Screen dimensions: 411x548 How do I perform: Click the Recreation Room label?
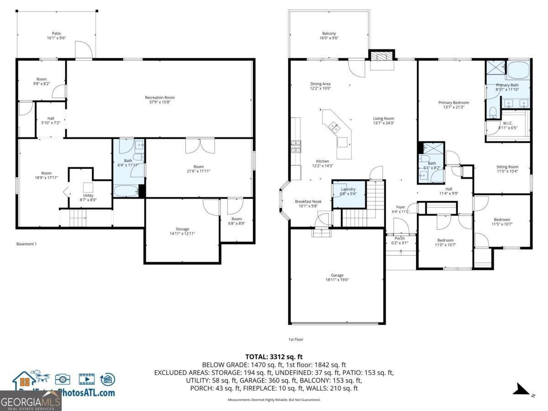(159, 97)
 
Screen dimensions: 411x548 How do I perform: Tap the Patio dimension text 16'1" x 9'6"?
(56, 38)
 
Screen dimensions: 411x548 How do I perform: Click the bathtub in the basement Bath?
(125, 191)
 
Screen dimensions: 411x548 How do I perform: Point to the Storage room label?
(182, 229)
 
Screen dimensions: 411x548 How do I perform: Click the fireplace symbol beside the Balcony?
(381, 56)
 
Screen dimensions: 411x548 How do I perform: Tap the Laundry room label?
(348, 189)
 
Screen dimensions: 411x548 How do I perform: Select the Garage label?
(337, 275)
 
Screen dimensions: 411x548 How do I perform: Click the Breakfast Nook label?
(308, 201)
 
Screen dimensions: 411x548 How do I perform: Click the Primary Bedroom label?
(453, 103)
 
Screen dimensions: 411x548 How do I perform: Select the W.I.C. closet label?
(507, 123)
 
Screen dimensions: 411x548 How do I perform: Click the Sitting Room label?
(507, 167)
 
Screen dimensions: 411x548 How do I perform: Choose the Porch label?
(400, 238)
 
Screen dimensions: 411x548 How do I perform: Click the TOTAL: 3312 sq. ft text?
(274, 357)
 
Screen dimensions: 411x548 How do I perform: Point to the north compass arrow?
(521, 389)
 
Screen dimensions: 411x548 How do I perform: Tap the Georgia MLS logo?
(31, 402)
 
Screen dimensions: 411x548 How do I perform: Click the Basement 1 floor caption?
(26, 244)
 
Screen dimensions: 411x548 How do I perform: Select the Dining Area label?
(320, 84)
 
